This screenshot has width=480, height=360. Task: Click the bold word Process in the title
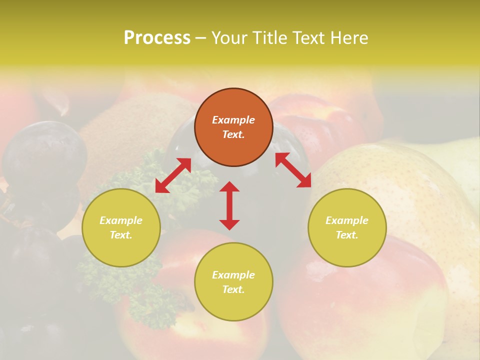157,38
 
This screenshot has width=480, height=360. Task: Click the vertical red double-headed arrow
229,206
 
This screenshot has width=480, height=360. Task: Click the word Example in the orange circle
233,120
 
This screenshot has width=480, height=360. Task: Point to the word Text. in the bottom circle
233,289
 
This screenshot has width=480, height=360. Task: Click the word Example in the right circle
347,220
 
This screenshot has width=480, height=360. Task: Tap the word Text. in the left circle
121,235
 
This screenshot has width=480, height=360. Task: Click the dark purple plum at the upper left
42,155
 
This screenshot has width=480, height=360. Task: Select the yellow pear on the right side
410,190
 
